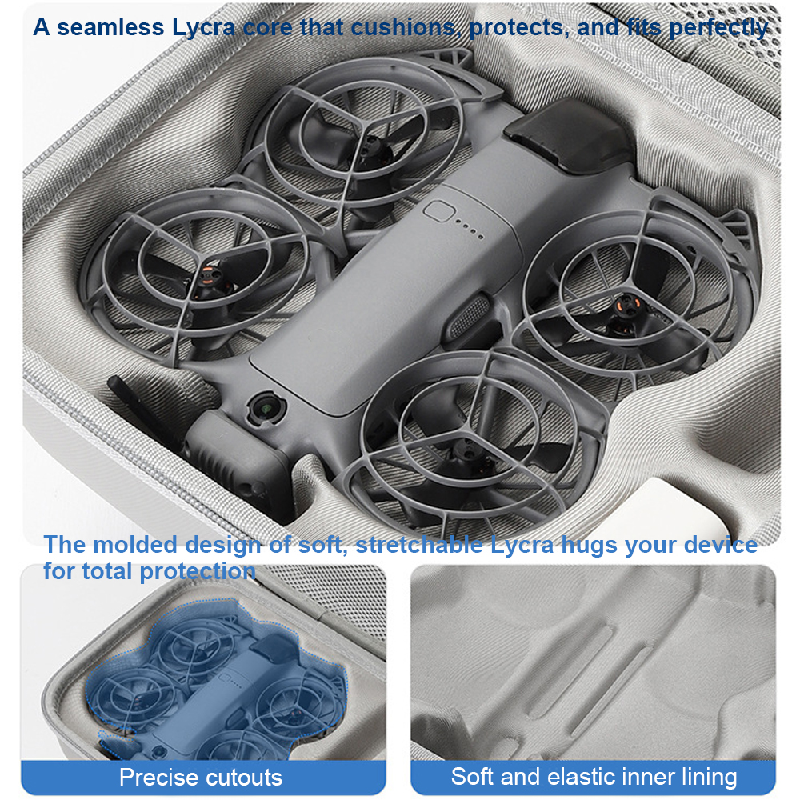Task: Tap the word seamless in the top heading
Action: tap(110, 27)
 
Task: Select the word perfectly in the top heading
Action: tap(718, 29)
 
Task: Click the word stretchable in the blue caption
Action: tap(419, 545)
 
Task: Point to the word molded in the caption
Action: tap(135, 545)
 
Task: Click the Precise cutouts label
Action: tap(201, 777)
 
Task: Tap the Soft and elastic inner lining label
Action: tap(594, 777)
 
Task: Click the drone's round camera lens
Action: tap(266, 408)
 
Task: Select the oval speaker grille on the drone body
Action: tap(469, 314)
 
